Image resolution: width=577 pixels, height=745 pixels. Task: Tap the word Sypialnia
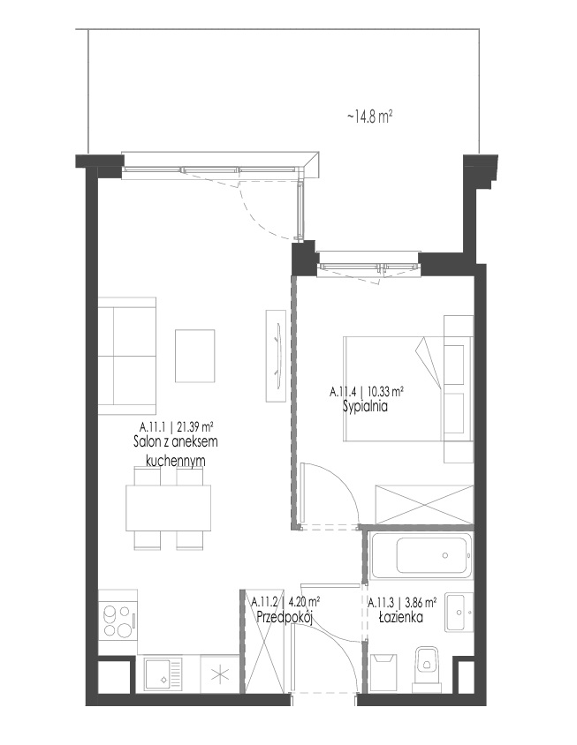365,406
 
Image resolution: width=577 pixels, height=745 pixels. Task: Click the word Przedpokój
284,617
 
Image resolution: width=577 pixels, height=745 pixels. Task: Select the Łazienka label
401,617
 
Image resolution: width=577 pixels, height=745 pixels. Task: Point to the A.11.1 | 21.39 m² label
176,425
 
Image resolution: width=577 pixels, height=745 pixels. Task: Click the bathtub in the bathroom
421,555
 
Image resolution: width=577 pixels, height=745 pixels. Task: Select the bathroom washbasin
459,612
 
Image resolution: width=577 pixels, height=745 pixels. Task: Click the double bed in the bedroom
393,389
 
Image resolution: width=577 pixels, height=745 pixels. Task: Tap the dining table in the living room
169,508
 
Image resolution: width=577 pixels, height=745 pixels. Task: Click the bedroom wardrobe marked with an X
424,504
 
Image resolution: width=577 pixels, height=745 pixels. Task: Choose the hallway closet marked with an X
266,642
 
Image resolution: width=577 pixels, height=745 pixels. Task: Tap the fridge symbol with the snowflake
219,674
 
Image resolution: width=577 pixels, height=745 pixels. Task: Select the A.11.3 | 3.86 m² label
403,603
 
